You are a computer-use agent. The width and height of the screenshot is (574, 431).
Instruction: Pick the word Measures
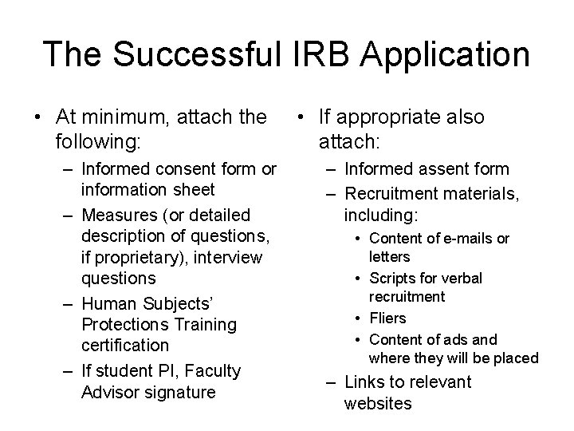(x=117, y=215)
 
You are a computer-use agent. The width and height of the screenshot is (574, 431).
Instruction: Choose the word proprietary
(x=136, y=258)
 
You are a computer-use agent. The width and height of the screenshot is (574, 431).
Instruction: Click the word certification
(x=125, y=346)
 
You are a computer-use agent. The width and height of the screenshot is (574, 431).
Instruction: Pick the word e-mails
(x=474, y=238)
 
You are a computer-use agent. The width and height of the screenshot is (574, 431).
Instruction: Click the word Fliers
(x=387, y=318)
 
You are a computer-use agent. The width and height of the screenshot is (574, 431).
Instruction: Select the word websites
(x=378, y=403)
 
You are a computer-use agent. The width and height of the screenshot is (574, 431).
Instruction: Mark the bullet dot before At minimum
(x=37, y=118)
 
